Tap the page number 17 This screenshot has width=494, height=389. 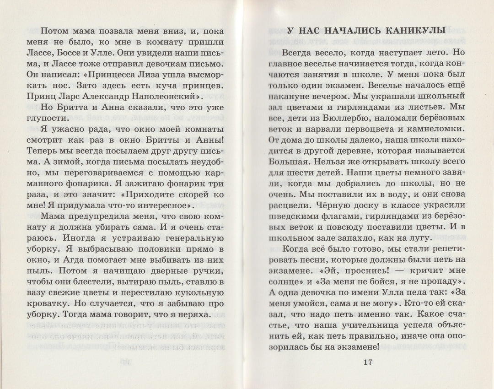[x=368, y=363]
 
